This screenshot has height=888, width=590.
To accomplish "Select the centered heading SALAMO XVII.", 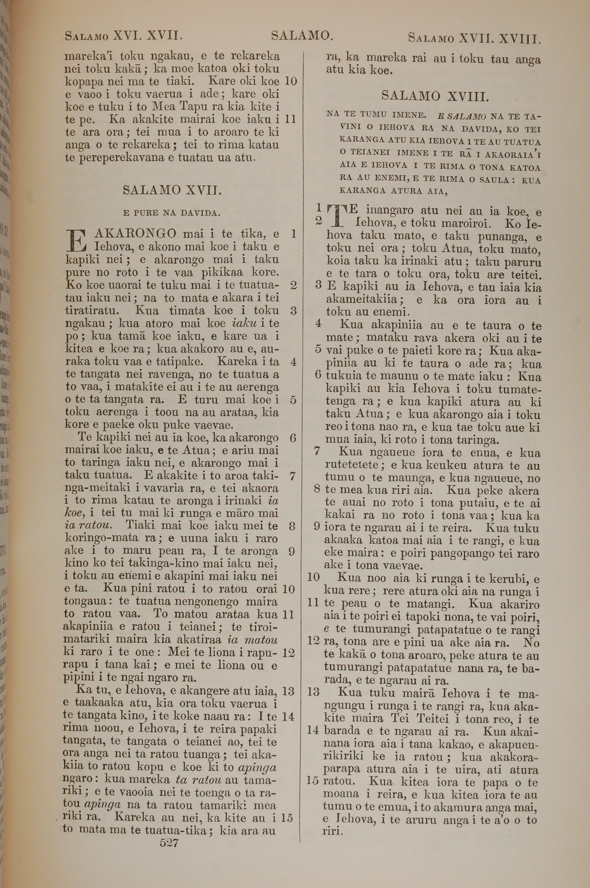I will (172, 190).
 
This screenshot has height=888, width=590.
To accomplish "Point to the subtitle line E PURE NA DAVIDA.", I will (172, 213).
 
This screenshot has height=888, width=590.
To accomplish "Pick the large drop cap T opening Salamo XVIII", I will (339, 217).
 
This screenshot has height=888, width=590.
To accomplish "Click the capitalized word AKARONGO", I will (135, 234).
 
